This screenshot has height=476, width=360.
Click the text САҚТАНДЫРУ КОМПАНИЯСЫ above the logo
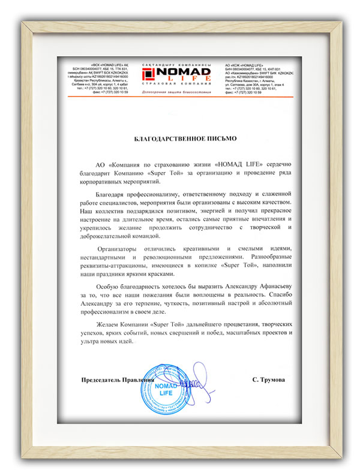[x=180, y=63]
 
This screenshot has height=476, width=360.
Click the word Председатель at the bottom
[x=100, y=380]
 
